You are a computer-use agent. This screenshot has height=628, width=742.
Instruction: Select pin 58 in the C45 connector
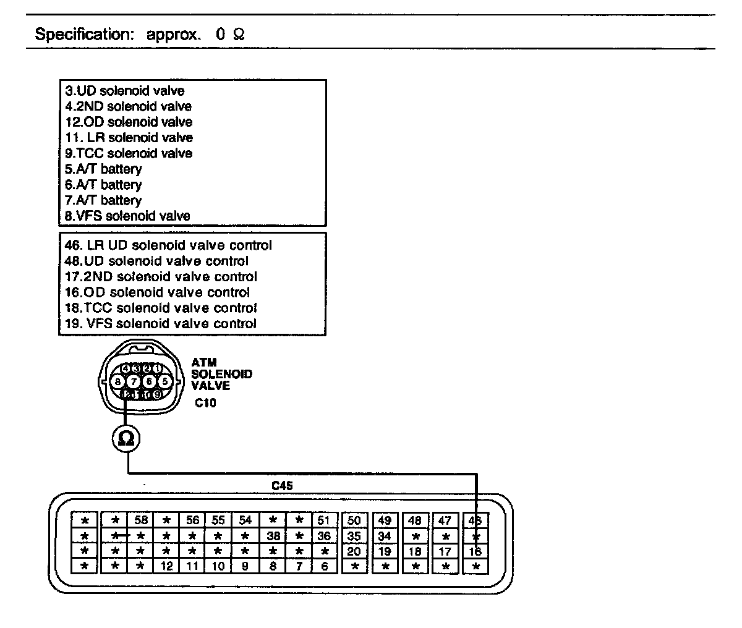click(142, 520)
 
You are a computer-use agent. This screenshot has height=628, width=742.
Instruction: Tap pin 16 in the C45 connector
click(475, 551)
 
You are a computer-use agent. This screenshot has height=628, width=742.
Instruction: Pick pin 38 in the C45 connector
click(273, 536)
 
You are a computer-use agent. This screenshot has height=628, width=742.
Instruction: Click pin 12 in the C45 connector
click(166, 566)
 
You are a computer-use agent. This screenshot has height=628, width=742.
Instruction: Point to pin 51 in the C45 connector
click(324, 520)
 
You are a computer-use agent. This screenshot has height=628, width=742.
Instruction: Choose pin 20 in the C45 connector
click(354, 551)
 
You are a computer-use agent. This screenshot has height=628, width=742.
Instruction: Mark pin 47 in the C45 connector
click(445, 520)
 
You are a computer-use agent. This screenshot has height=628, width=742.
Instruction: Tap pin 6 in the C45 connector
click(324, 566)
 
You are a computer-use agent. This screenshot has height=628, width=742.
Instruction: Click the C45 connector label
click(282, 486)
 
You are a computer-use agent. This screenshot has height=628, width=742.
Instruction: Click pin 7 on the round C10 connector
click(133, 381)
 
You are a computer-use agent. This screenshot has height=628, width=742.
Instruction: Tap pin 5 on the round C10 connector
click(164, 381)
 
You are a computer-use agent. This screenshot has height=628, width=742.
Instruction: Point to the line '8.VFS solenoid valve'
click(128, 216)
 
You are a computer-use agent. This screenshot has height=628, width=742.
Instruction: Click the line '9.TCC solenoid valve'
click(129, 153)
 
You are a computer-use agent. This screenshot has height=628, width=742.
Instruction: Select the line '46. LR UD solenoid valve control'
click(168, 245)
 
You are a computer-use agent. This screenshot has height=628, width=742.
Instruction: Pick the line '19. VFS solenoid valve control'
click(161, 323)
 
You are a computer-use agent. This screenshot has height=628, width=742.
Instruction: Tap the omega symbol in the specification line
click(239, 35)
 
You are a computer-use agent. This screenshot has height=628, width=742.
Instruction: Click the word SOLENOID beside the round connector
click(221, 374)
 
